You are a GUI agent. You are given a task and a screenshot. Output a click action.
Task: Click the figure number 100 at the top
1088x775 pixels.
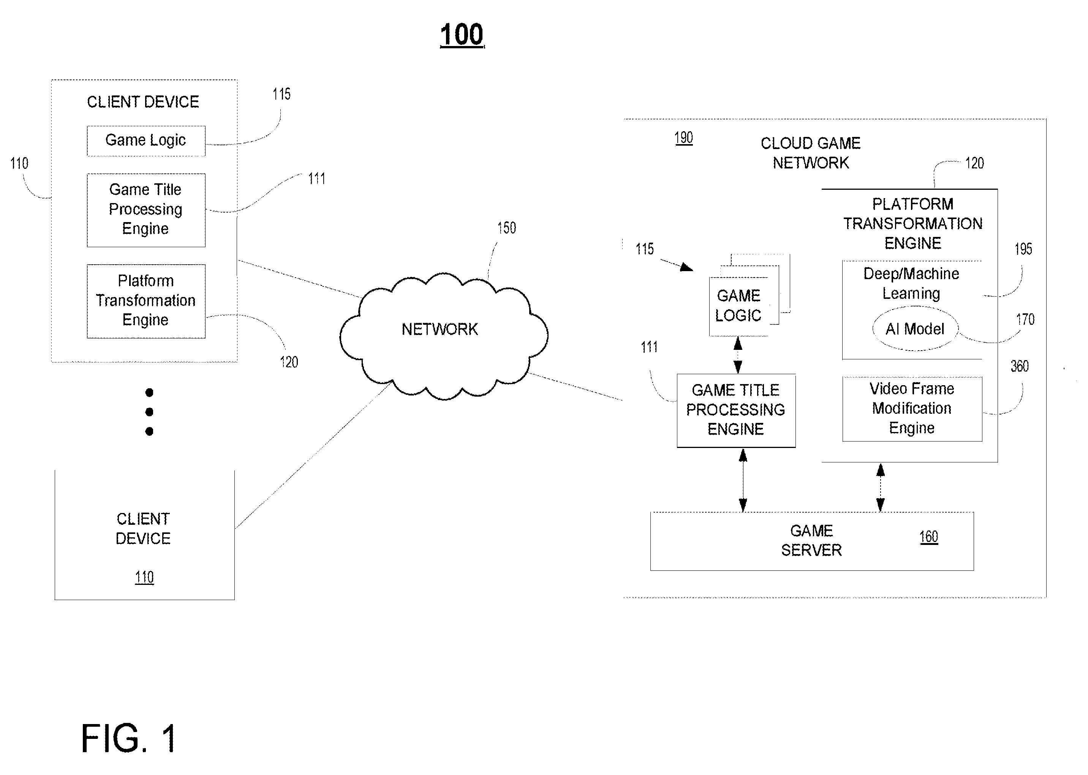pyautogui.click(x=462, y=35)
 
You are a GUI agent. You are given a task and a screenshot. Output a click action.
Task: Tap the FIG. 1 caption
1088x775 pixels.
pyautogui.click(x=129, y=738)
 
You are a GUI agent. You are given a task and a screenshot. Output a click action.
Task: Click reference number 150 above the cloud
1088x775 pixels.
pyautogui.click(x=506, y=228)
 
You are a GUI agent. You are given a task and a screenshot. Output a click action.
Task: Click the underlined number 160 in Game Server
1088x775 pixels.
pyautogui.click(x=928, y=537)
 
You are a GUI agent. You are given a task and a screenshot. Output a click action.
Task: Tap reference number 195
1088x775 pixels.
pyautogui.click(x=1023, y=249)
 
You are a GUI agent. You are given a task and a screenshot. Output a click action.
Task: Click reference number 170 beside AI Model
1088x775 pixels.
pyautogui.click(x=1025, y=319)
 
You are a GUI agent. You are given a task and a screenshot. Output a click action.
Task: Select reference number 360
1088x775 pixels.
pyautogui.click(x=1019, y=366)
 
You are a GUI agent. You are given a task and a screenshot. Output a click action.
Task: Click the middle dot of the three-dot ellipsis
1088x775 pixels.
pyautogui.click(x=149, y=412)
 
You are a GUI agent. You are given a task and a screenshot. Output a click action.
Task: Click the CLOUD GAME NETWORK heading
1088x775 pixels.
pyautogui.click(x=811, y=153)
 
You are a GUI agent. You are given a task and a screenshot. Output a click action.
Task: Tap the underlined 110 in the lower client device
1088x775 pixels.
pyautogui.click(x=144, y=577)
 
